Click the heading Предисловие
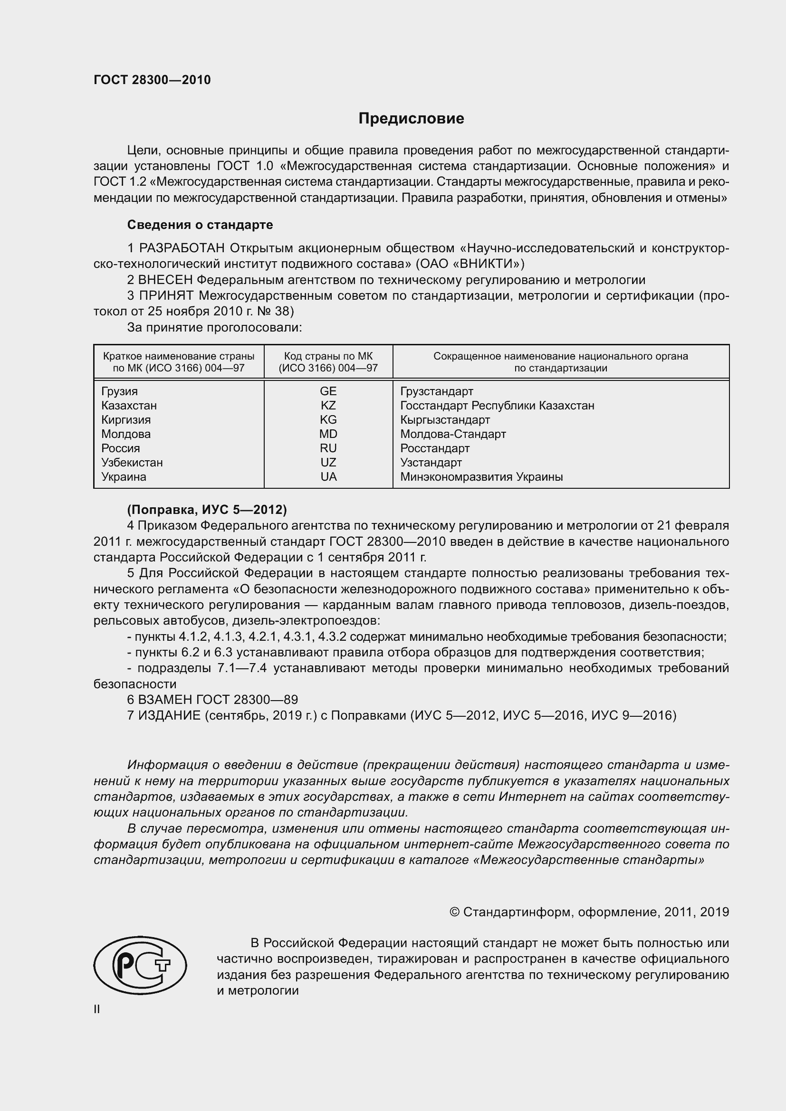click(411, 119)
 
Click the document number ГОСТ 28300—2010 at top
click(152, 80)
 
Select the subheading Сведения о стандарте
click(200, 225)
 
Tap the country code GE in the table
click(328, 391)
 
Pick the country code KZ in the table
click(328, 406)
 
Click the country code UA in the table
click(328, 476)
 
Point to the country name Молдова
click(126, 434)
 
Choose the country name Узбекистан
click(132, 463)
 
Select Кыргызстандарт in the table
click(445, 420)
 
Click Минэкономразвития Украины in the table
click(481, 476)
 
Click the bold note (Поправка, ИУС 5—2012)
click(207, 510)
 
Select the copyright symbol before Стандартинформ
click(454, 912)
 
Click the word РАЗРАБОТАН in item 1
click(182, 248)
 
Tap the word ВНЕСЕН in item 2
click(165, 280)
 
